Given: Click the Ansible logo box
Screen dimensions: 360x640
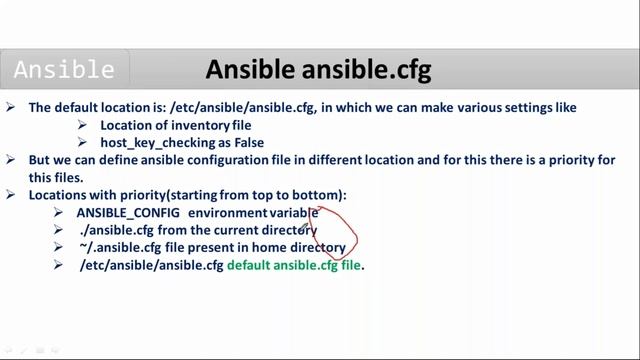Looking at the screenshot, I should click(64, 71).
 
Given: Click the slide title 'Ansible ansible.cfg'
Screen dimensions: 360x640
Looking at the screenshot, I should click(318, 70).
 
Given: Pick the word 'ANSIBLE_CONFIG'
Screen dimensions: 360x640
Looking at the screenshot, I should click(128, 213).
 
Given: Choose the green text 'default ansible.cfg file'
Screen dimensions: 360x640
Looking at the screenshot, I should click(293, 265).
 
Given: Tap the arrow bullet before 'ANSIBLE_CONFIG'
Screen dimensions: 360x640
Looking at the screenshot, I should click(59, 213).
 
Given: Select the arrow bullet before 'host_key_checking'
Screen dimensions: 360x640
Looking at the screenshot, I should click(83, 143).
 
